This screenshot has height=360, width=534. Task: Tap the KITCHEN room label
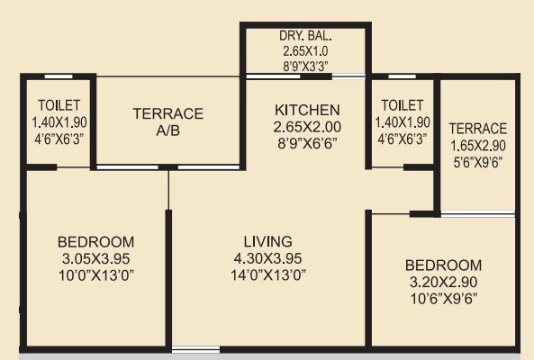306,110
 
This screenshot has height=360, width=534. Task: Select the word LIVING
268,241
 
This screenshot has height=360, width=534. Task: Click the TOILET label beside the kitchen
402,106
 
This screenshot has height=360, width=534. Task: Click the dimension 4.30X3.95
268,257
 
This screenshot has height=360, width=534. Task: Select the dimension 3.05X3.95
96,257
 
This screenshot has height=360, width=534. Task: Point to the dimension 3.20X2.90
443,281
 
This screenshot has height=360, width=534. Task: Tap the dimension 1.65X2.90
478,145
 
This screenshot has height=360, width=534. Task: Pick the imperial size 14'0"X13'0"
268,274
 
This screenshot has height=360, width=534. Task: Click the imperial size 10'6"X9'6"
443,297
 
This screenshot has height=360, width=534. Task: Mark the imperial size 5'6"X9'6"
478,161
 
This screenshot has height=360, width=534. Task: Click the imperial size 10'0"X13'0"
96,274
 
